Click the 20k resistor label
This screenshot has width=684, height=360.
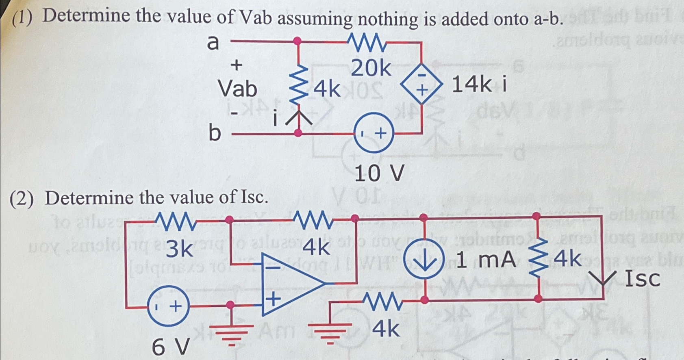coord(371,69)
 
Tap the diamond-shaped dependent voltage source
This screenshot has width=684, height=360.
coord(421,85)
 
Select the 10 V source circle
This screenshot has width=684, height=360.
coord(373,133)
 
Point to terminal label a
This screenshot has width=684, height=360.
coord(213,42)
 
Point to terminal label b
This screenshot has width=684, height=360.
coord(214,132)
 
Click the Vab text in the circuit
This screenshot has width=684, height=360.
coord(237,89)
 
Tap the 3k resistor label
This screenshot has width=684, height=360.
coord(179,249)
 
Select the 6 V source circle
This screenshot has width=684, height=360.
coord(168,306)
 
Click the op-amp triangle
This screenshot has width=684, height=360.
coord(289,284)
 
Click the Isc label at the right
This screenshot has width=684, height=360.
coord(642,279)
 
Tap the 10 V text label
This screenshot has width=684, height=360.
coord(379,173)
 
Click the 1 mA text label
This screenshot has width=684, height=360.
coord(486,260)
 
